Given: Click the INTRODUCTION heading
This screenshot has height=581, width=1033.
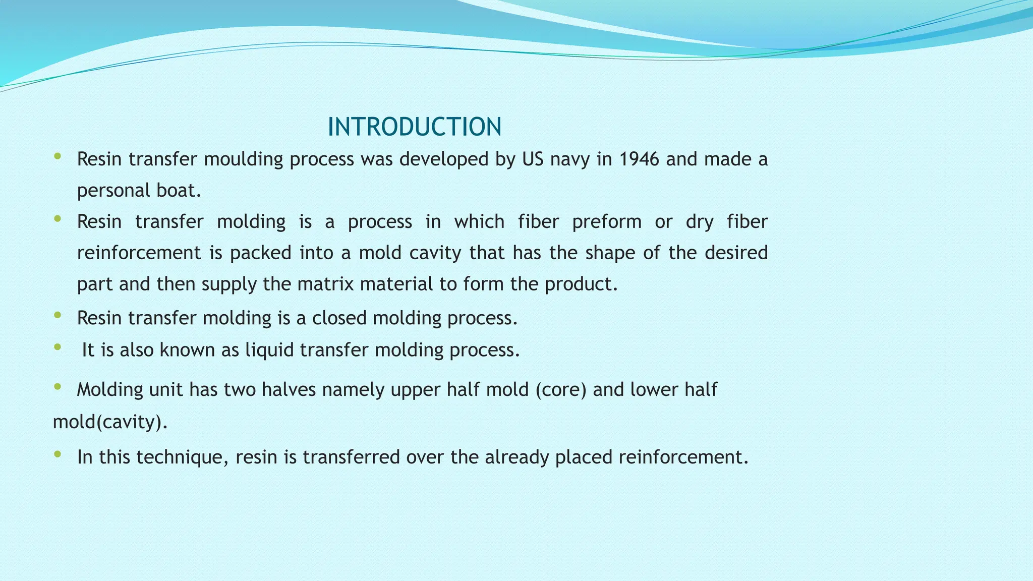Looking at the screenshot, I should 414,127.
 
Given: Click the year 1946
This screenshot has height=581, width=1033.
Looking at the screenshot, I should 639,159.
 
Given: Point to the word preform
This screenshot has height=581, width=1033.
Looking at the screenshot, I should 606,222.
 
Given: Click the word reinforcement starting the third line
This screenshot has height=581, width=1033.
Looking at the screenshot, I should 139,253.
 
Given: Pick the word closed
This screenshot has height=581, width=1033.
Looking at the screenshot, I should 339,318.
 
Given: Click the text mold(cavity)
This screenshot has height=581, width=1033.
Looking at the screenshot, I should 110,422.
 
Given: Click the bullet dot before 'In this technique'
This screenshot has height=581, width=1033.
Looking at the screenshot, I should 58,454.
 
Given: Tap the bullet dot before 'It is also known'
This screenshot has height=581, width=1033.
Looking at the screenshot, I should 58,347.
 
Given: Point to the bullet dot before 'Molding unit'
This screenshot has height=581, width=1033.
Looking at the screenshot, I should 58,387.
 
